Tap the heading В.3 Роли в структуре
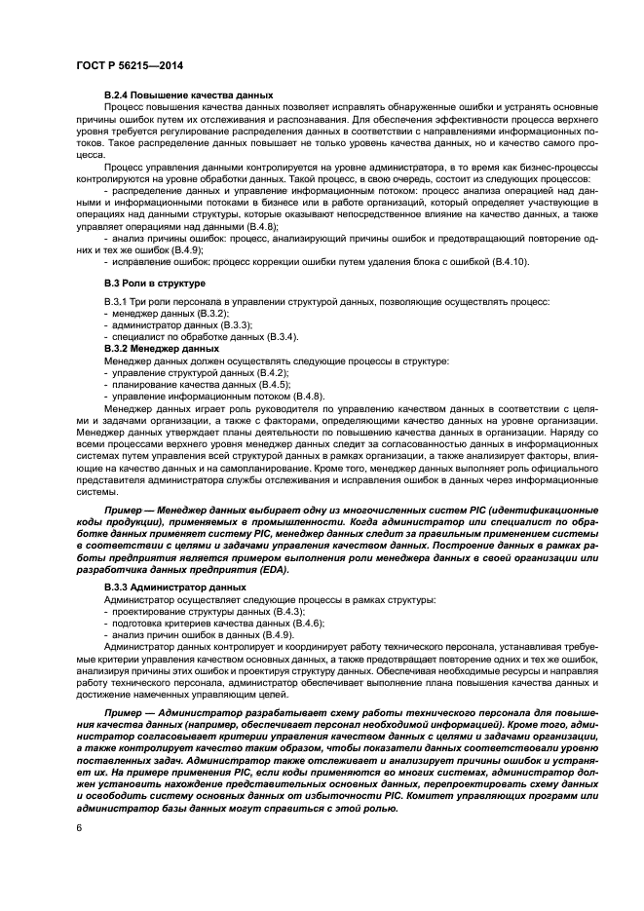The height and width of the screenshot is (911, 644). tap(153, 283)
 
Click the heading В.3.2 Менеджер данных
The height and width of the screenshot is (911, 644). tap(161, 348)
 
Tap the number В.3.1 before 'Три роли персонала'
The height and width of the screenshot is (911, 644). tap(117, 301)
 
